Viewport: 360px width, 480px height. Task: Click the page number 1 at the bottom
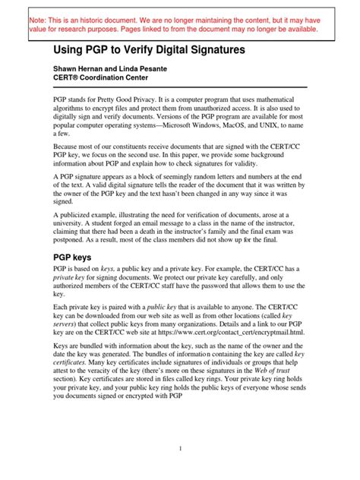click(180, 448)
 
